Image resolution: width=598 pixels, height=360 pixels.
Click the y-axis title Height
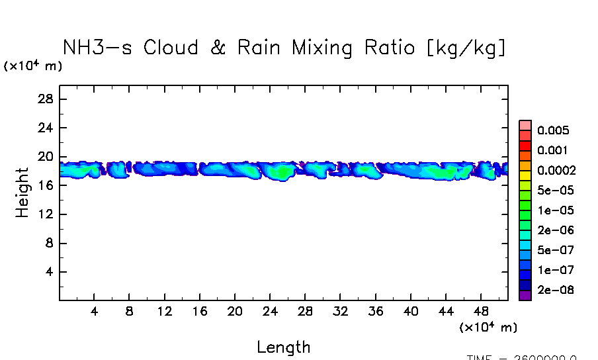(22, 193)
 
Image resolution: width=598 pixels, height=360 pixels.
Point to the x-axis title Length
(283, 347)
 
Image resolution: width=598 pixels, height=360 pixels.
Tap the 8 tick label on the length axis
(130, 311)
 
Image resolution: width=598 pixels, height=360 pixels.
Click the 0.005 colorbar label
(553, 130)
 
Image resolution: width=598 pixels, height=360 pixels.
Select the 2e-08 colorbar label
(555, 291)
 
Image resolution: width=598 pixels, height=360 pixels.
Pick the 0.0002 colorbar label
(556, 170)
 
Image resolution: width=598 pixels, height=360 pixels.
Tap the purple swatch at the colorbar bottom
(525, 296)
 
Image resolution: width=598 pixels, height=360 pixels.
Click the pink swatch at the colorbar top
(525, 125)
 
